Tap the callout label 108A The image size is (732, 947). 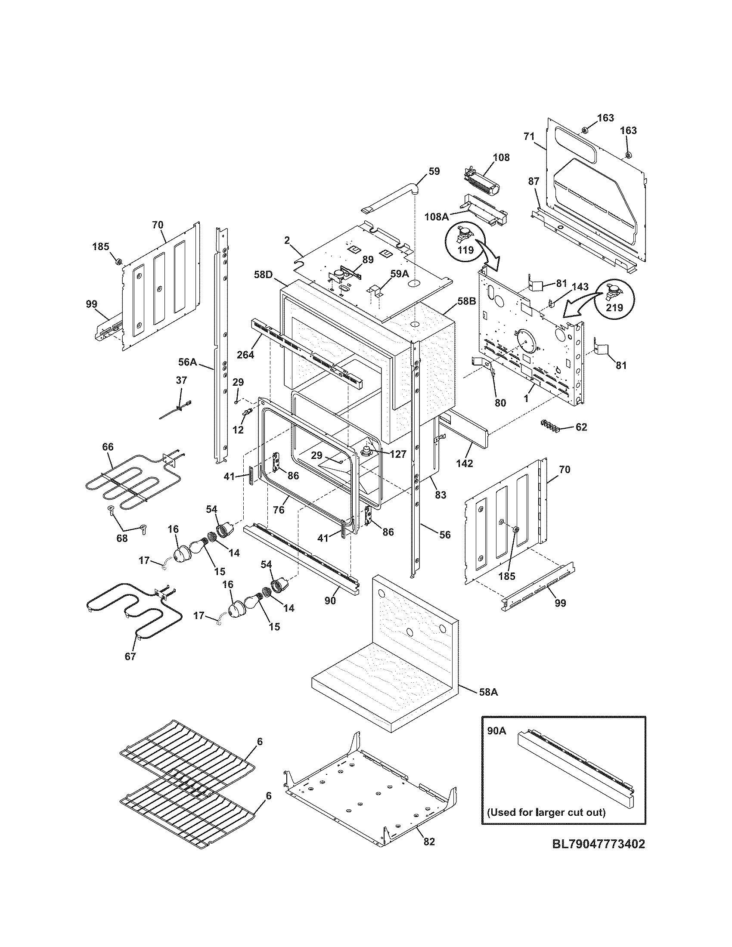[x=436, y=217]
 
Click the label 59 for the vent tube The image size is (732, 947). [x=433, y=171]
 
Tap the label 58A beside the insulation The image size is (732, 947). [x=488, y=705]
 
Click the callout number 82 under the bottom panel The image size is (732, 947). [x=428, y=854]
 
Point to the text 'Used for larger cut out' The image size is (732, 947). [x=546, y=812]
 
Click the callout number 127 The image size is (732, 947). [x=397, y=454]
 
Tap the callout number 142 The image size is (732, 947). [x=465, y=463]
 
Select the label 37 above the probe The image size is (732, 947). [x=181, y=380]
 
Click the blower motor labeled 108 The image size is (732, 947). [x=483, y=177]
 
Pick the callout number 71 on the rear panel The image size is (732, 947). [x=528, y=136]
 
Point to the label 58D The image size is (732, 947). [x=264, y=275]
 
